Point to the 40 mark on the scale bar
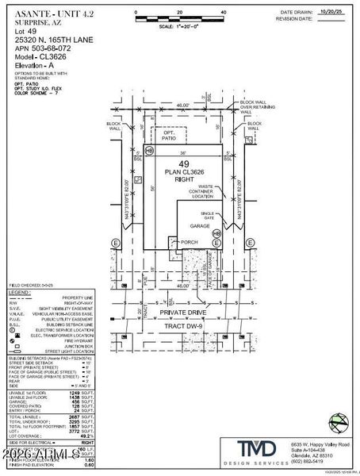pos(224,13)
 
